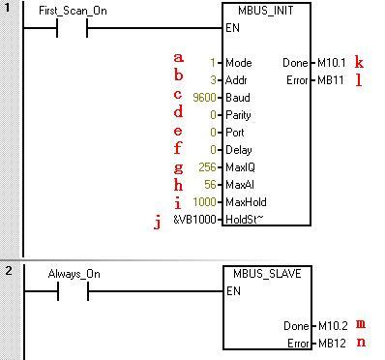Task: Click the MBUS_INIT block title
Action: pos(264,12)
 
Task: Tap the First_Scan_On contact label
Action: pos(73,12)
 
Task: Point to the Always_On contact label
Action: pos(74,274)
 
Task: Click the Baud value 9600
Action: pos(205,97)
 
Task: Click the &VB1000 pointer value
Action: pos(193,220)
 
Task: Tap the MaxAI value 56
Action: pos(210,185)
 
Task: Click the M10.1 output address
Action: pos(330,63)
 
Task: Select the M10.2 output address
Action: pos(330,325)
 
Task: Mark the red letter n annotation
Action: pos(360,343)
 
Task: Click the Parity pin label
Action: pos(237,115)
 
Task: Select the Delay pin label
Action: pos(237,150)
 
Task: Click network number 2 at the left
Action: pos(7,270)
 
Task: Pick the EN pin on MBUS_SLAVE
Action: pos(232,289)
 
